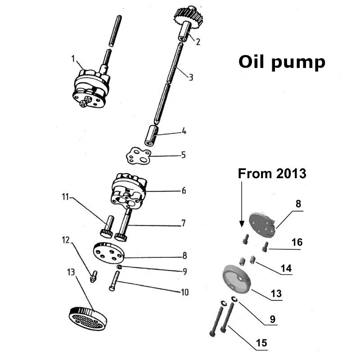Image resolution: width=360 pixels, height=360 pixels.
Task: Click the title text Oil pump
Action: pyautogui.click(x=281, y=63)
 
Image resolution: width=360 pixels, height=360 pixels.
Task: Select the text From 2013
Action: pyautogui.click(x=272, y=173)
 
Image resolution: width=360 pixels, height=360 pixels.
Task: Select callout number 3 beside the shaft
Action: pyautogui.click(x=191, y=77)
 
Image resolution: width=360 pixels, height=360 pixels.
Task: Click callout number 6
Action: pyautogui.click(x=184, y=190)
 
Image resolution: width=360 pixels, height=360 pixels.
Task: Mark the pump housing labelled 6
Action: pyautogui.click(x=128, y=190)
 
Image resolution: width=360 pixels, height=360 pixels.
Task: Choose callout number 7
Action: pyautogui.click(x=184, y=223)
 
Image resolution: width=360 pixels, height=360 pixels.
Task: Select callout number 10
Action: pyautogui.click(x=184, y=292)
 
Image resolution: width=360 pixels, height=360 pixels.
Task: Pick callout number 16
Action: pyautogui.click(x=297, y=243)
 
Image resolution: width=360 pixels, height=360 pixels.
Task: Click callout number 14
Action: pyautogui.click(x=286, y=269)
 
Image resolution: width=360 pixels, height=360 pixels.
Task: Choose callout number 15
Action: pyautogui.click(x=261, y=343)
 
